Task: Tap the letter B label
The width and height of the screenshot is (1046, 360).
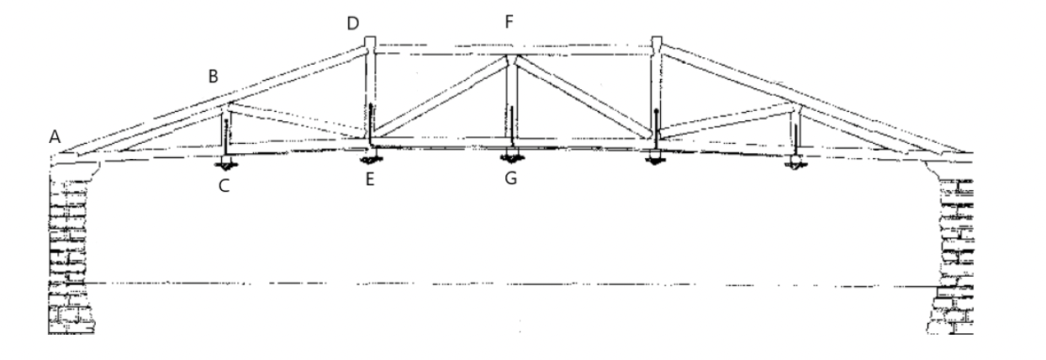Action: [x=214, y=77]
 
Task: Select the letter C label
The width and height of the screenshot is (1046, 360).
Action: [x=224, y=185]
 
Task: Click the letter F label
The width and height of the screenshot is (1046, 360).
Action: [x=509, y=23]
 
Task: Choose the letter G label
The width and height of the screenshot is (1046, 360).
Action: [x=509, y=178]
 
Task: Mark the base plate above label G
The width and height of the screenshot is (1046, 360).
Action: [x=510, y=154]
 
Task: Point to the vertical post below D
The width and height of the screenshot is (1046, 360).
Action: [x=368, y=93]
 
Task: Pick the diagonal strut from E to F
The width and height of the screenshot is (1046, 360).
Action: [x=437, y=99]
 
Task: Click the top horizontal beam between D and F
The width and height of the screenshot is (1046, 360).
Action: [x=437, y=49]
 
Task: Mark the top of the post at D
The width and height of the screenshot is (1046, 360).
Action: [x=368, y=42]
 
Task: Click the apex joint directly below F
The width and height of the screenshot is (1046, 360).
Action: [x=510, y=60]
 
